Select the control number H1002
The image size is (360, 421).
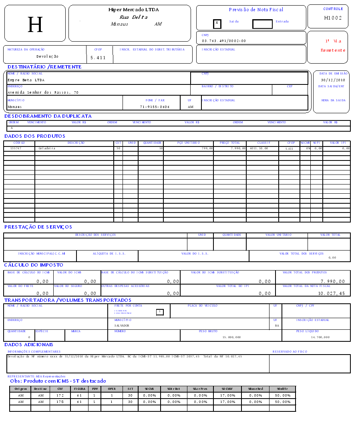(x=333, y=18)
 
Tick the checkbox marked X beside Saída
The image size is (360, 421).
(x=217, y=23)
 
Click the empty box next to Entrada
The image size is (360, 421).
(x=262, y=24)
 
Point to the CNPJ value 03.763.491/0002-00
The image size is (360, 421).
(x=224, y=41)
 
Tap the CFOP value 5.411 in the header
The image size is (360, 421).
(x=98, y=58)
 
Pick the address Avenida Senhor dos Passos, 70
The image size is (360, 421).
(x=43, y=92)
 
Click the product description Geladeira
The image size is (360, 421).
(x=47, y=148)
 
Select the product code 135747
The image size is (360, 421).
(x=16, y=148)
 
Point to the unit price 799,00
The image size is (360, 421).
(x=207, y=148)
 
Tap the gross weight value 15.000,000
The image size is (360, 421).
(x=231, y=337)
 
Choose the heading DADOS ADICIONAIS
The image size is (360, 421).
(x=29, y=345)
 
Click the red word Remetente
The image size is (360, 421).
(x=333, y=50)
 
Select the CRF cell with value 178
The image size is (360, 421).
(x=60, y=402)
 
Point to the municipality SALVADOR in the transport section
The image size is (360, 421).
(x=122, y=326)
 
